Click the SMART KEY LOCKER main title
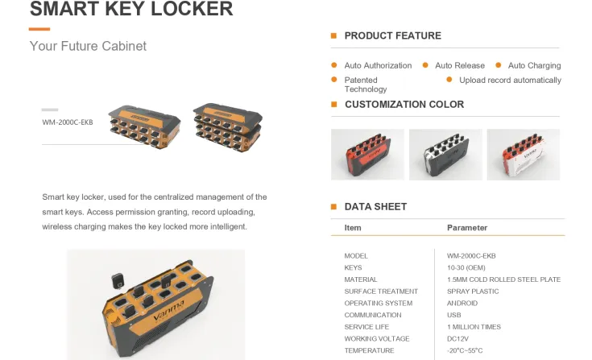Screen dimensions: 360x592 (x=131, y=10)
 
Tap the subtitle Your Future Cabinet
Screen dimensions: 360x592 (x=88, y=46)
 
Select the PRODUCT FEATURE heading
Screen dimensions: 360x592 (x=392, y=35)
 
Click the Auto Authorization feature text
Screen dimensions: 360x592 (x=378, y=65)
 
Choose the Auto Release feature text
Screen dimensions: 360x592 (x=460, y=65)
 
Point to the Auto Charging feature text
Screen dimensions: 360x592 (x=534, y=65)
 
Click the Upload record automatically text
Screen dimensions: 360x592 (x=510, y=80)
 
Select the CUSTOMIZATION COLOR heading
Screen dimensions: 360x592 (x=404, y=104)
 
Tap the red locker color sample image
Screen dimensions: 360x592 (x=367, y=154)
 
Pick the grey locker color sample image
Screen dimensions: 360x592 (x=445, y=154)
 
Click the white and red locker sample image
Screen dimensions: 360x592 (x=523, y=154)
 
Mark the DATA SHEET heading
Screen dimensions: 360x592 (x=375, y=207)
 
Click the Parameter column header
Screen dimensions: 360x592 (x=467, y=228)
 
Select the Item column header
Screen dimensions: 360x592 (x=353, y=228)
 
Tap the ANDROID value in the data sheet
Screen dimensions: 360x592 (x=462, y=303)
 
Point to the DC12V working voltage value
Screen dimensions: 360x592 (x=459, y=338)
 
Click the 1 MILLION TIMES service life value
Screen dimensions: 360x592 (x=474, y=327)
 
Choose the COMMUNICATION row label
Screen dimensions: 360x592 (x=373, y=315)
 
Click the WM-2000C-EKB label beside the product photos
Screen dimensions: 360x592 (x=68, y=122)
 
